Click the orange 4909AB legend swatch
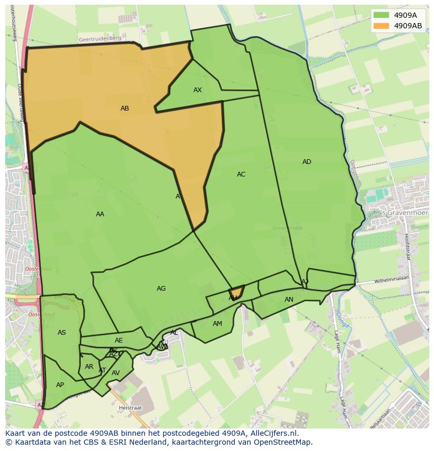point(381,26)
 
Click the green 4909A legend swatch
point(381,15)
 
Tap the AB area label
point(125,108)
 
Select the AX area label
point(198,90)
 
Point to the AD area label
point(307,162)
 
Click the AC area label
point(241,174)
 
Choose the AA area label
point(100,214)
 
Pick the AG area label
point(161,289)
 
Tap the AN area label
point(289,300)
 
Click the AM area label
point(218,324)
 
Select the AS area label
point(62,333)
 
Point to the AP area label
point(60,385)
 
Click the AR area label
point(89,367)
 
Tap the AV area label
point(116,373)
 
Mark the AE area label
point(119,340)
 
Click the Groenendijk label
point(288,228)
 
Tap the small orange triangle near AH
point(236,292)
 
